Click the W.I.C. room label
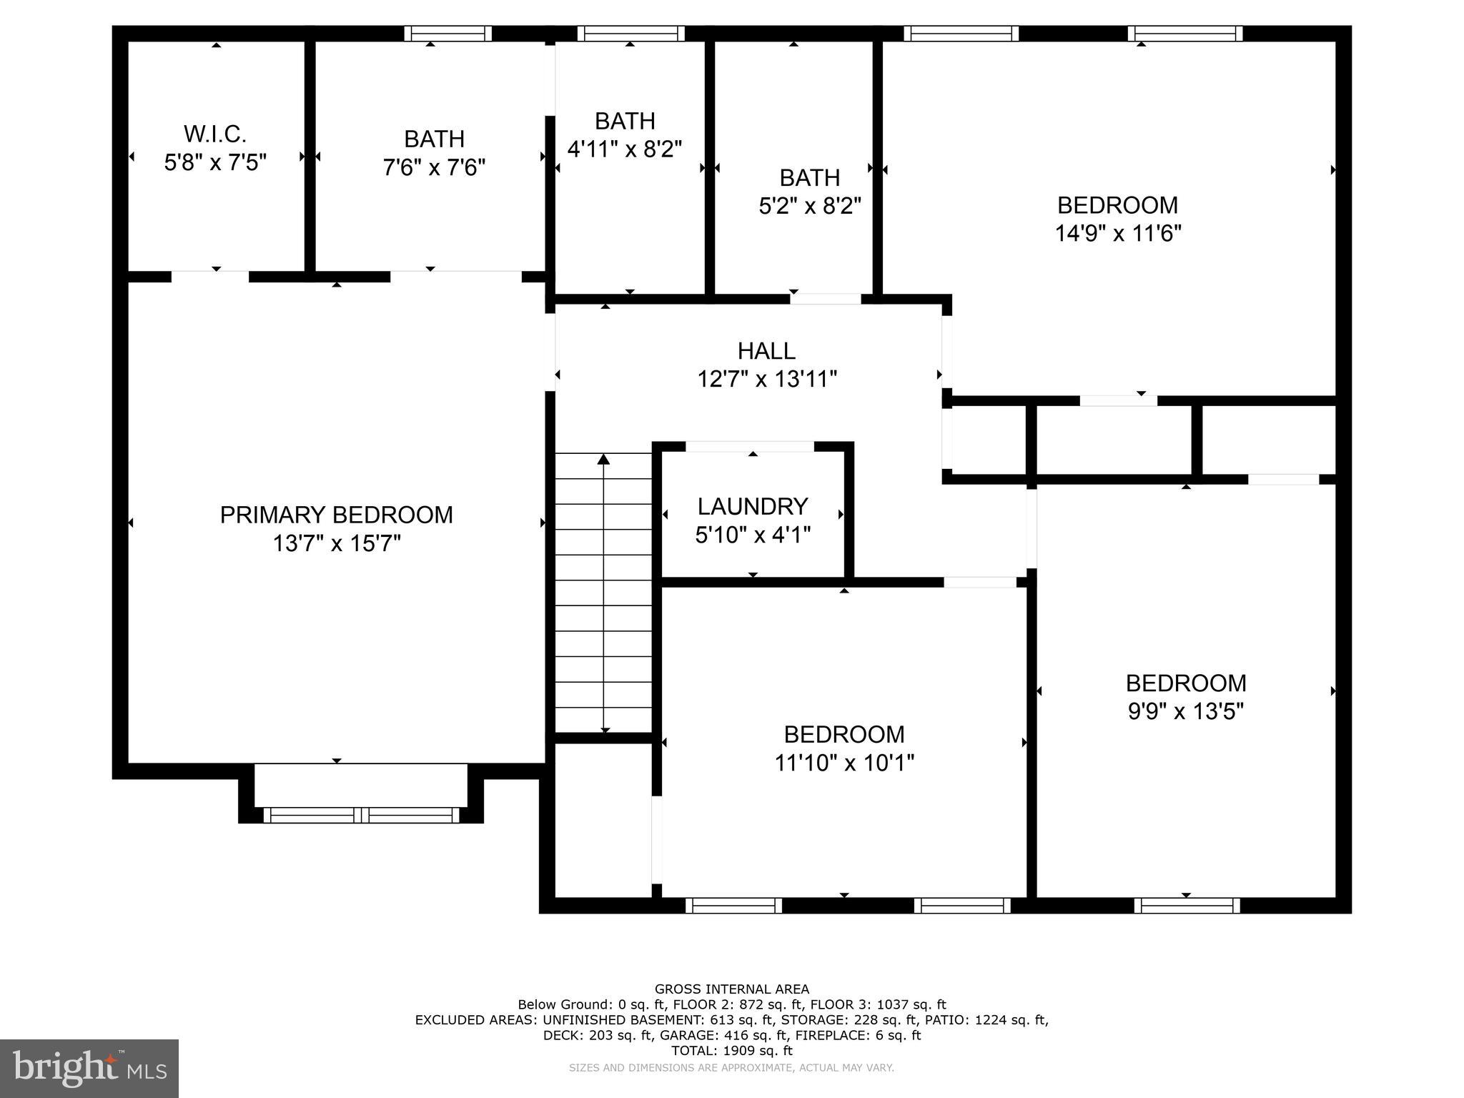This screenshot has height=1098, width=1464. [x=215, y=134]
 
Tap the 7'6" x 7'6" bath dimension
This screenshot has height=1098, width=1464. [x=434, y=167]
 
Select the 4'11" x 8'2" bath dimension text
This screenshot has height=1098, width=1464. [x=624, y=149]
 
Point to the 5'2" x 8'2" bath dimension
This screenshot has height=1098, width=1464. [x=809, y=206]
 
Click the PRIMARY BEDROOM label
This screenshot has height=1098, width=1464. [x=336, y=515]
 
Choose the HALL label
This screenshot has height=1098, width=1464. [x=766, y=351]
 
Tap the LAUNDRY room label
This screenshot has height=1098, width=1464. [x=753, y=506]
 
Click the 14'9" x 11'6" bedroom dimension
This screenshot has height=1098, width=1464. [x=1117, y=234]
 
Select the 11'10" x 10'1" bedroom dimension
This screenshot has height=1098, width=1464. [x=844, y=763]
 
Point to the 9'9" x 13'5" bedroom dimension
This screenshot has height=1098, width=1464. [x=1186, y=712]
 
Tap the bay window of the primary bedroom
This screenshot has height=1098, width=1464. [x=361, y=815]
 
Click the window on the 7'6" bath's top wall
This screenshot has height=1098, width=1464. [x=448, y=34]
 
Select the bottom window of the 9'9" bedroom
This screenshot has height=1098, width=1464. [x=1187, y=906]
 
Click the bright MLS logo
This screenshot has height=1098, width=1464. [x=89, y=1068]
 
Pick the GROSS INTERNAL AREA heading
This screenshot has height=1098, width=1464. [x=732, y=989]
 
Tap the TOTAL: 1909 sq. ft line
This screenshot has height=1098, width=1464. [x=732, y=1051]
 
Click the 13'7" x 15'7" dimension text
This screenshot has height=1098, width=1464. [x=336, y=544]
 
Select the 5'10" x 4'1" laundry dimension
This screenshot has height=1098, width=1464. [x=753, y=535]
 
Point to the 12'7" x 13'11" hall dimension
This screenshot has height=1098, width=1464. [x=766, y=379]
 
